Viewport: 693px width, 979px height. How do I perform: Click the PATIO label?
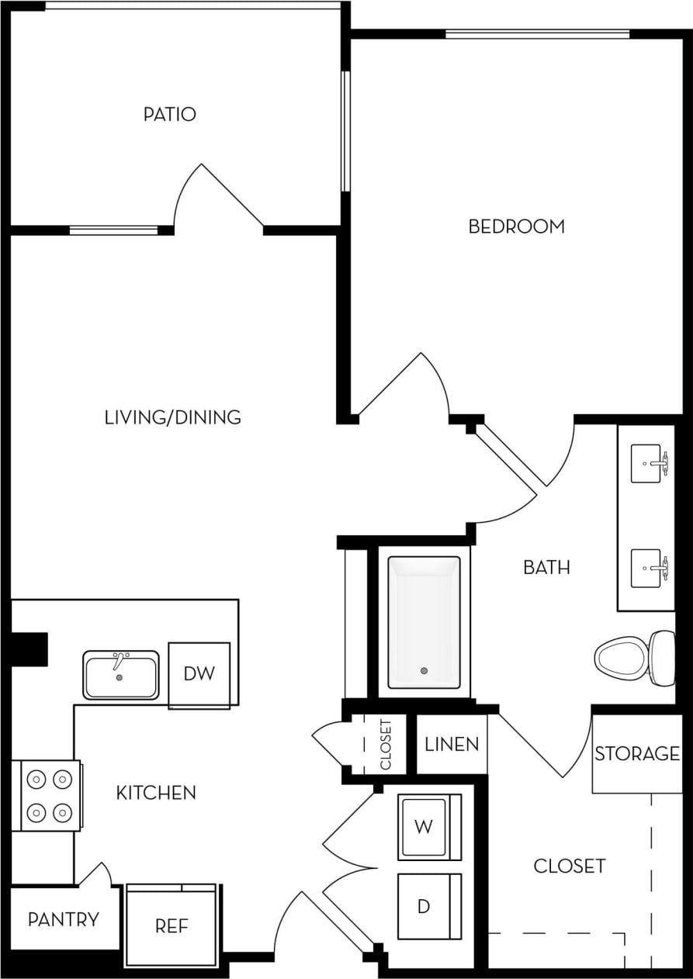(x=169, y=115)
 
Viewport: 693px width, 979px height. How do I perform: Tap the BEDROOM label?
(x=516, y=227)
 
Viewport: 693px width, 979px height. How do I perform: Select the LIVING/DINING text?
(x=172, y=417)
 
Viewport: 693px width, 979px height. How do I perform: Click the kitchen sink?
(x=121, y=675)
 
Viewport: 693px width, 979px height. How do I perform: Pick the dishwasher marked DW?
(x=199, y=673)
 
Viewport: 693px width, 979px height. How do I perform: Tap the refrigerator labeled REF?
(x=172, y=925)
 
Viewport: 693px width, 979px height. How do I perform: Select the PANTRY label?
(x=64, y=920)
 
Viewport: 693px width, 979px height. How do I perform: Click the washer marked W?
(x=424, y=827)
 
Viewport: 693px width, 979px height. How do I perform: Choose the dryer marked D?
(x=424, y=906)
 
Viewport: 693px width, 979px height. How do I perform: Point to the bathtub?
(x=424, y=622)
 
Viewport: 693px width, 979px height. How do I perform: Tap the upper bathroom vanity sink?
(x=647, y=463)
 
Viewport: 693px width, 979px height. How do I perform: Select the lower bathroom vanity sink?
(x=647, y=569)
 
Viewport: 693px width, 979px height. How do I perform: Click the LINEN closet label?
(x=452, y=745)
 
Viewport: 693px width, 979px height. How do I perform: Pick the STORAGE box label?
(x=637, y=753)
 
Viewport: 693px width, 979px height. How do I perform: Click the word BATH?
(x=546, y=568)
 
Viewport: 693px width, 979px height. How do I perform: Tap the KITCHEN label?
(x=156, y=793)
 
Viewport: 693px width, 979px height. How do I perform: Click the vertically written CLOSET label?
(x=386, y=745)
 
